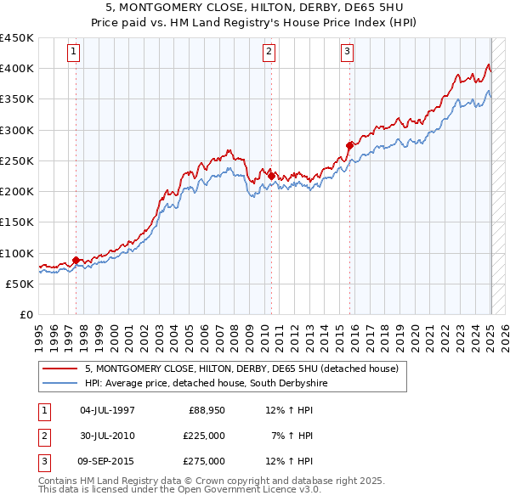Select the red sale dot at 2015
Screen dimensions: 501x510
coord(349,145)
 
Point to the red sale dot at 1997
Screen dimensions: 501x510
coord(76,260)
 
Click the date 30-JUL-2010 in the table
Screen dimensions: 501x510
coord(107,436)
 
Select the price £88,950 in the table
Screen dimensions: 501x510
coord(204,410)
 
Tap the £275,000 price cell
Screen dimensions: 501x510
coord(204,461)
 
